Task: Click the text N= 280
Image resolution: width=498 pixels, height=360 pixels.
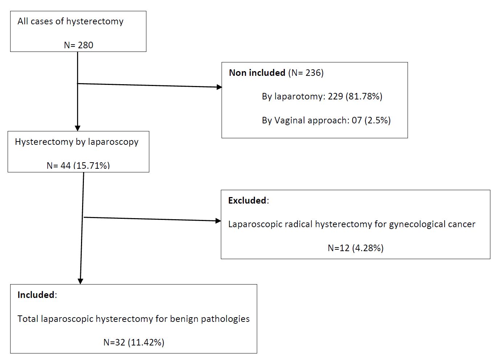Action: point(78,45)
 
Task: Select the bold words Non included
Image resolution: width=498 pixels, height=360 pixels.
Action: point(257,73)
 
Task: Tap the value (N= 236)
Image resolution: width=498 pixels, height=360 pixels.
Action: point(306,73)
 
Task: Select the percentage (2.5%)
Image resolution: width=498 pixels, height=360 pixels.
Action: point(377,120)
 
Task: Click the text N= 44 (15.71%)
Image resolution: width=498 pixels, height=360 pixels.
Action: point(78,165)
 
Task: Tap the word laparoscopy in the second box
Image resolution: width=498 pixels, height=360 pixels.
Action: point(113,142)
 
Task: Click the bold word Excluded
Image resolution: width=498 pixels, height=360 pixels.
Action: point(247,200)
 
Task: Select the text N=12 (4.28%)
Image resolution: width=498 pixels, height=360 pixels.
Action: point(356,248)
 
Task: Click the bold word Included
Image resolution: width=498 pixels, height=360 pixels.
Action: point(36,295)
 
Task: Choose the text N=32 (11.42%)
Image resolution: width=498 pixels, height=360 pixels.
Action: point(134,343)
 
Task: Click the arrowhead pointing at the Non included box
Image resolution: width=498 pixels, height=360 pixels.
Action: point(219,87)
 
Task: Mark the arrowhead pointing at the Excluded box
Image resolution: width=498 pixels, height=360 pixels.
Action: point(218,221)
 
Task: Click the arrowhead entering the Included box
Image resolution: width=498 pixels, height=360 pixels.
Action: point(80,281)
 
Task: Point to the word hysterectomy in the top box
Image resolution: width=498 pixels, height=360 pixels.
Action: point(95,21)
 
